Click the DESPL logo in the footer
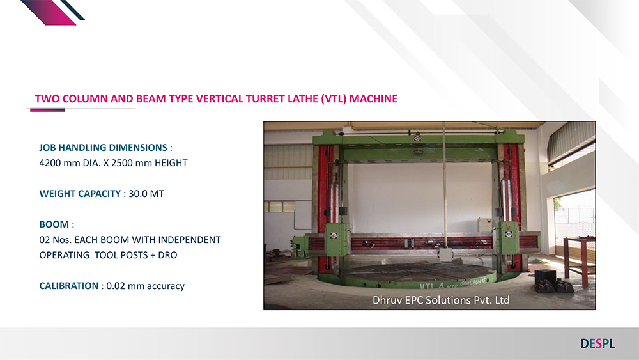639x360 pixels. click(x=598, y=343)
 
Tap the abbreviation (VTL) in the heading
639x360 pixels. click(x=334, y=98)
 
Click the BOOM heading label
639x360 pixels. click(x=54, y=224)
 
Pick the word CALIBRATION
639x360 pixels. click(x=69, y=286)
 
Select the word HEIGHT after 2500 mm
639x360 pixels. click(x=171, y=163)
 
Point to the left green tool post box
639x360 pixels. click(x=337, y=239)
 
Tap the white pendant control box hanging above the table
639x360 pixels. click(x=446, y=254)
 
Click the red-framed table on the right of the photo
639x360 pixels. click(x=580, y=260)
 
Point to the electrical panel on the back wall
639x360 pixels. click(x=486, y=224)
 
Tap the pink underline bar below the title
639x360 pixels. click(x=47, y=110)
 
